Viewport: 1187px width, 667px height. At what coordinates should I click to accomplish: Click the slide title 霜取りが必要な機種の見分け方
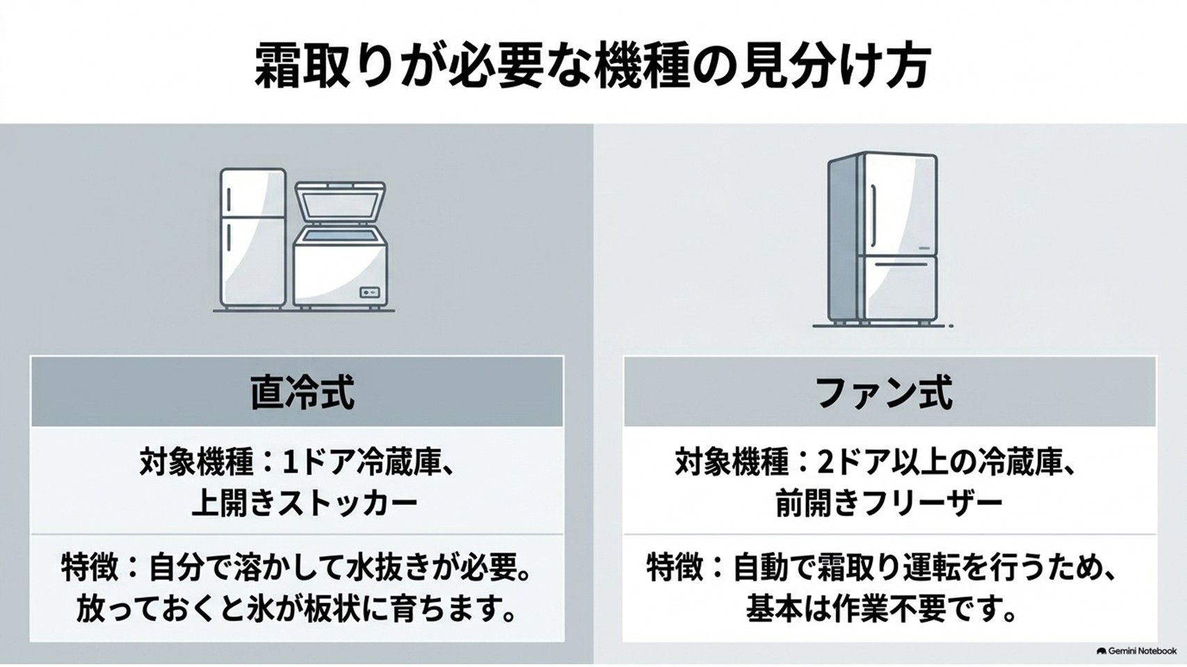(x=592, y=68)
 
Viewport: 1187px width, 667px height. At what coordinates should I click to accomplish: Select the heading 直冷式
(x=302, y=393)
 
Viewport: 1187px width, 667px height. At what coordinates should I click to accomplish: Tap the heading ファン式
(x=884, y=393)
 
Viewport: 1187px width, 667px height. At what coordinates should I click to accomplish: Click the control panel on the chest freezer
(x=370, y=293)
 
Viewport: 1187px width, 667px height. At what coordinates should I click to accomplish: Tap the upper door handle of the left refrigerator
(x=229, y=198)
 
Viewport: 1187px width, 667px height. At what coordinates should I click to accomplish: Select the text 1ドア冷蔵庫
(x=362, y=463)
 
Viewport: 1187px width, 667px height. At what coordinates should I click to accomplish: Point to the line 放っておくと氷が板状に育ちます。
(x=296, y=610)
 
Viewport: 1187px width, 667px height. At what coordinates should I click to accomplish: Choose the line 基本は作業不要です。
(x=880, y=610)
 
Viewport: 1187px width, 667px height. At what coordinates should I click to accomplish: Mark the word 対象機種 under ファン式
(x=732, y=463)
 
